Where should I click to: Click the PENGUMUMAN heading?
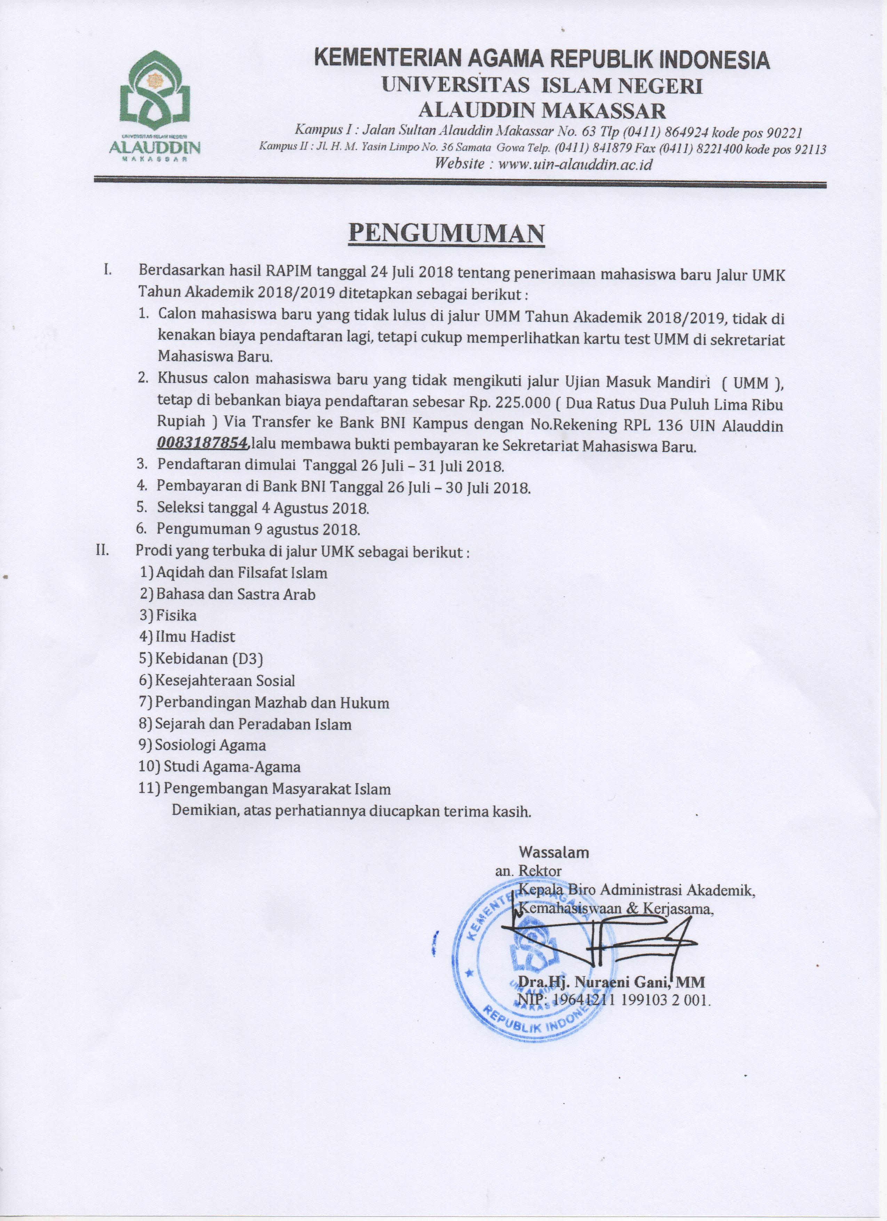(446, 234)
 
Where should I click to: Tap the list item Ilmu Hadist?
(195, 637)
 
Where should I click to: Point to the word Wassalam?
(553, 852)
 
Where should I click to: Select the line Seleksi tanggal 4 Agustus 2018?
(263, 507)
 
